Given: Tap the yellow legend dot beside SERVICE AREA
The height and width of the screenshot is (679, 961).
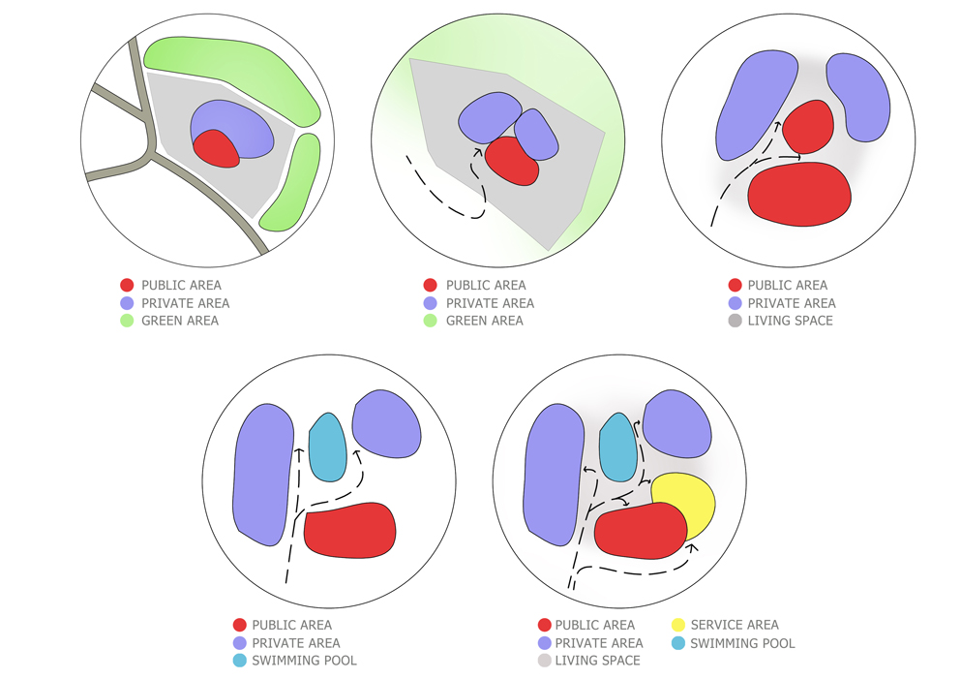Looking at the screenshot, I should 677,625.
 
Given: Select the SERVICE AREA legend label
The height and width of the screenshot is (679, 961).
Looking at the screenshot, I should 735,625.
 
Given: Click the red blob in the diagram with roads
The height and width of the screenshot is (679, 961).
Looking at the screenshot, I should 217,148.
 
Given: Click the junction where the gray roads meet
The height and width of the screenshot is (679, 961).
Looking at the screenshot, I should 147,155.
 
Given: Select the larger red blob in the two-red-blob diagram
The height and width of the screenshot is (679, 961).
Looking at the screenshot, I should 800,195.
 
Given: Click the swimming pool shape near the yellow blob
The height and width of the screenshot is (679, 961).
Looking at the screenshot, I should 616,447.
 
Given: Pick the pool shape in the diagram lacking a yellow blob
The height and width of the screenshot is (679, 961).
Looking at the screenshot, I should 327,449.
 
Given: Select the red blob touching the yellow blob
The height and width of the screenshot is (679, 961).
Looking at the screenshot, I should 639,532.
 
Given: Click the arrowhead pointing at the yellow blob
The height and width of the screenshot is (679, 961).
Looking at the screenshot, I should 693,547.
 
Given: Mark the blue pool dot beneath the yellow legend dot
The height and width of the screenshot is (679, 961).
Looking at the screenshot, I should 677,643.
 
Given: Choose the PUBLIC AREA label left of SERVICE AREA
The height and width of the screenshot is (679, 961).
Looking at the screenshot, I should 595,625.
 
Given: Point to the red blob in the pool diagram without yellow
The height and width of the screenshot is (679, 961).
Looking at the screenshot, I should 350,530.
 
